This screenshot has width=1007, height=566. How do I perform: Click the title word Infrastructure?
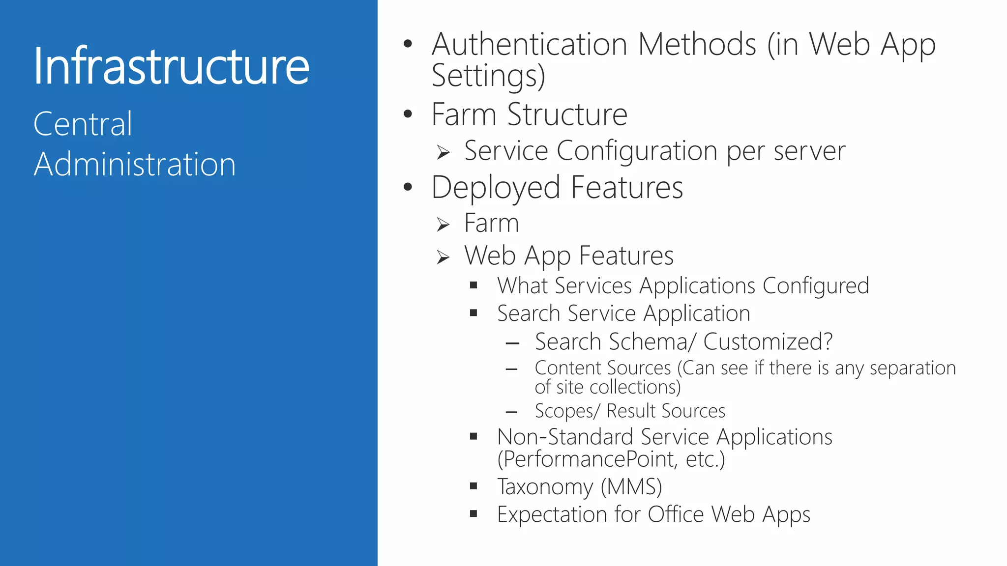(171, 66)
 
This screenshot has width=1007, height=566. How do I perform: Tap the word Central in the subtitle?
(83, 124)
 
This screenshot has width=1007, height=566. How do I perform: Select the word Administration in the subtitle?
(135, 164)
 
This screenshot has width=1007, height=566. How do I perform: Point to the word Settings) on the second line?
(488, 76)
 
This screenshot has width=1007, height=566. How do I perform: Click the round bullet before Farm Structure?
(408, 114)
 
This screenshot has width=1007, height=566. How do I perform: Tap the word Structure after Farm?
(567, 114)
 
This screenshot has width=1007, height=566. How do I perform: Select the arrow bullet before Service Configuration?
(443, 153)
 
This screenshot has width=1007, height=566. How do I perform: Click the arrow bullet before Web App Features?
(443, 257)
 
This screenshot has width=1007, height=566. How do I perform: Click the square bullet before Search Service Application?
(474, 313)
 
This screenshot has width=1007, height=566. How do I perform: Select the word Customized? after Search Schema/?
(768, 341)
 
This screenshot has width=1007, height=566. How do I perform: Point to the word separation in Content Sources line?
(913, 368)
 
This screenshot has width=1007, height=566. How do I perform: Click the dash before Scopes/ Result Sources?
(511, 412)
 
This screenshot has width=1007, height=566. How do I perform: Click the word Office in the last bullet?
(676, 514)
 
